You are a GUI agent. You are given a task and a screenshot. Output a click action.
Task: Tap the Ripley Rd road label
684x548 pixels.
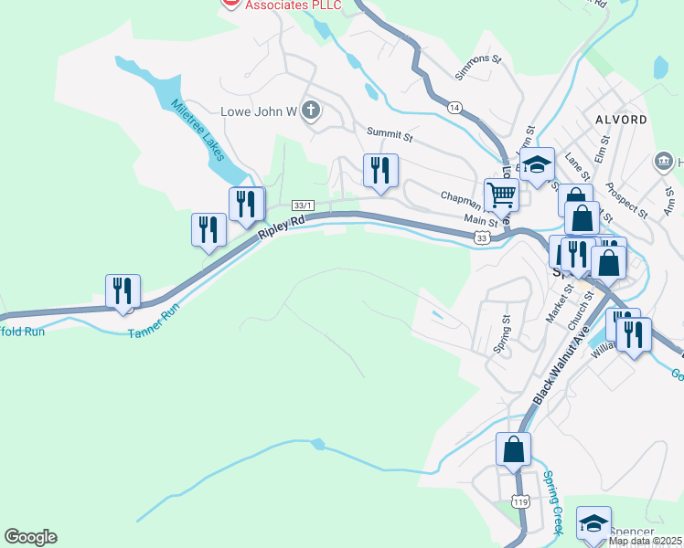point(280,227)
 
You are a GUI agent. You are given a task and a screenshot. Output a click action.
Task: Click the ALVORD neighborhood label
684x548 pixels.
point(622,120)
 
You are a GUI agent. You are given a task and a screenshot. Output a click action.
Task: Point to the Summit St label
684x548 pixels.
point(390,133)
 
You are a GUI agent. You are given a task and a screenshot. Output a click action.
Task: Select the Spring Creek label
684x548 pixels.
point(555,501)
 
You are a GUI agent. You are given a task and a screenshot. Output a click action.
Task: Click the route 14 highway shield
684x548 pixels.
point(454,107)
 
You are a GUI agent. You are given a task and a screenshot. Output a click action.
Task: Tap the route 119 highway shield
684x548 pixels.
point(520,501)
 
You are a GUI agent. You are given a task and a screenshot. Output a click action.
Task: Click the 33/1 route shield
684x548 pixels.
point(302,205)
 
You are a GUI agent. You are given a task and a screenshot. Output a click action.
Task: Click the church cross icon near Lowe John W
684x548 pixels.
point(311,111)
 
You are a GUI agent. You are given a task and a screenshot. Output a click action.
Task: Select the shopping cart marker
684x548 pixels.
point(501,195)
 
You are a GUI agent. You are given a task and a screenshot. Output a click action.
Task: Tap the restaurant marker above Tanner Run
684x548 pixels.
point(123,291)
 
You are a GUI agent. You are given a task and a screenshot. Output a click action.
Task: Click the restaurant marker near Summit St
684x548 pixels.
point(380,170)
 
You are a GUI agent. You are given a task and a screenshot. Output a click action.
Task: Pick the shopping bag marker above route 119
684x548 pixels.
point(513,448)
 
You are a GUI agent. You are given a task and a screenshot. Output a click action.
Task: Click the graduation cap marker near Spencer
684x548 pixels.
point(593,523)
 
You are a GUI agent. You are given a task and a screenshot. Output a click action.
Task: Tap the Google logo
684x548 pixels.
point(30,537)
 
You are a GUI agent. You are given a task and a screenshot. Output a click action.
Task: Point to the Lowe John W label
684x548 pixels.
point(260,112)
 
